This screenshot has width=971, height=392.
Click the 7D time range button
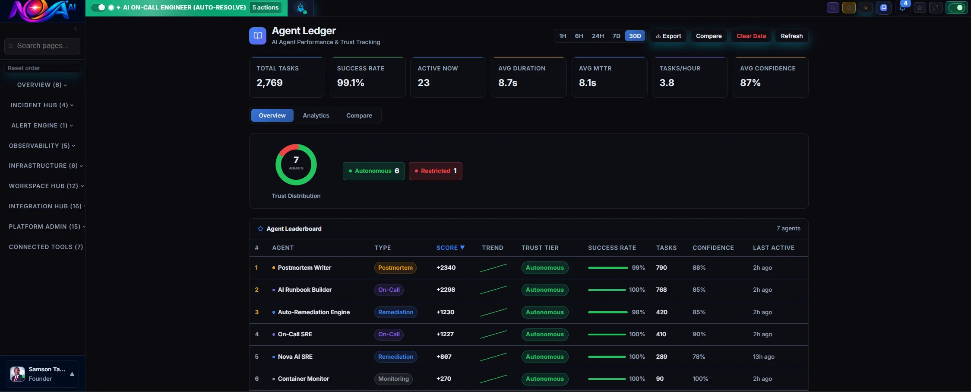pos(616,36)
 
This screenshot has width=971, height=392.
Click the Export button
pos(668,36)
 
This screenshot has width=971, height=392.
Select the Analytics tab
pos(316,115)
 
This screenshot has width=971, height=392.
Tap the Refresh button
pos(791,36)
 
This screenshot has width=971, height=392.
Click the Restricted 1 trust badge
pos(435,171)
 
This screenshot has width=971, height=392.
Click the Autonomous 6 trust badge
pos(373,171)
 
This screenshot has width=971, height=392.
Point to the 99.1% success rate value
pos(351,83)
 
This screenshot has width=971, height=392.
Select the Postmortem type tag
pos(395,268)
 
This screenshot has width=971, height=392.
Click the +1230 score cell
pos(445,312)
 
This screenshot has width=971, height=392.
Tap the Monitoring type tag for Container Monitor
pos(393,379)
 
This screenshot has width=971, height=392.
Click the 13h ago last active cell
pos(763,357)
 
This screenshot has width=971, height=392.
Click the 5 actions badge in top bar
pos(266,7)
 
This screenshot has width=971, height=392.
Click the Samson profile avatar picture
pos(17,374)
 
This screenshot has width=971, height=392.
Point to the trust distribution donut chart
pos(296,165)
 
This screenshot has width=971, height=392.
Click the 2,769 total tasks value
pos(269,83)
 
